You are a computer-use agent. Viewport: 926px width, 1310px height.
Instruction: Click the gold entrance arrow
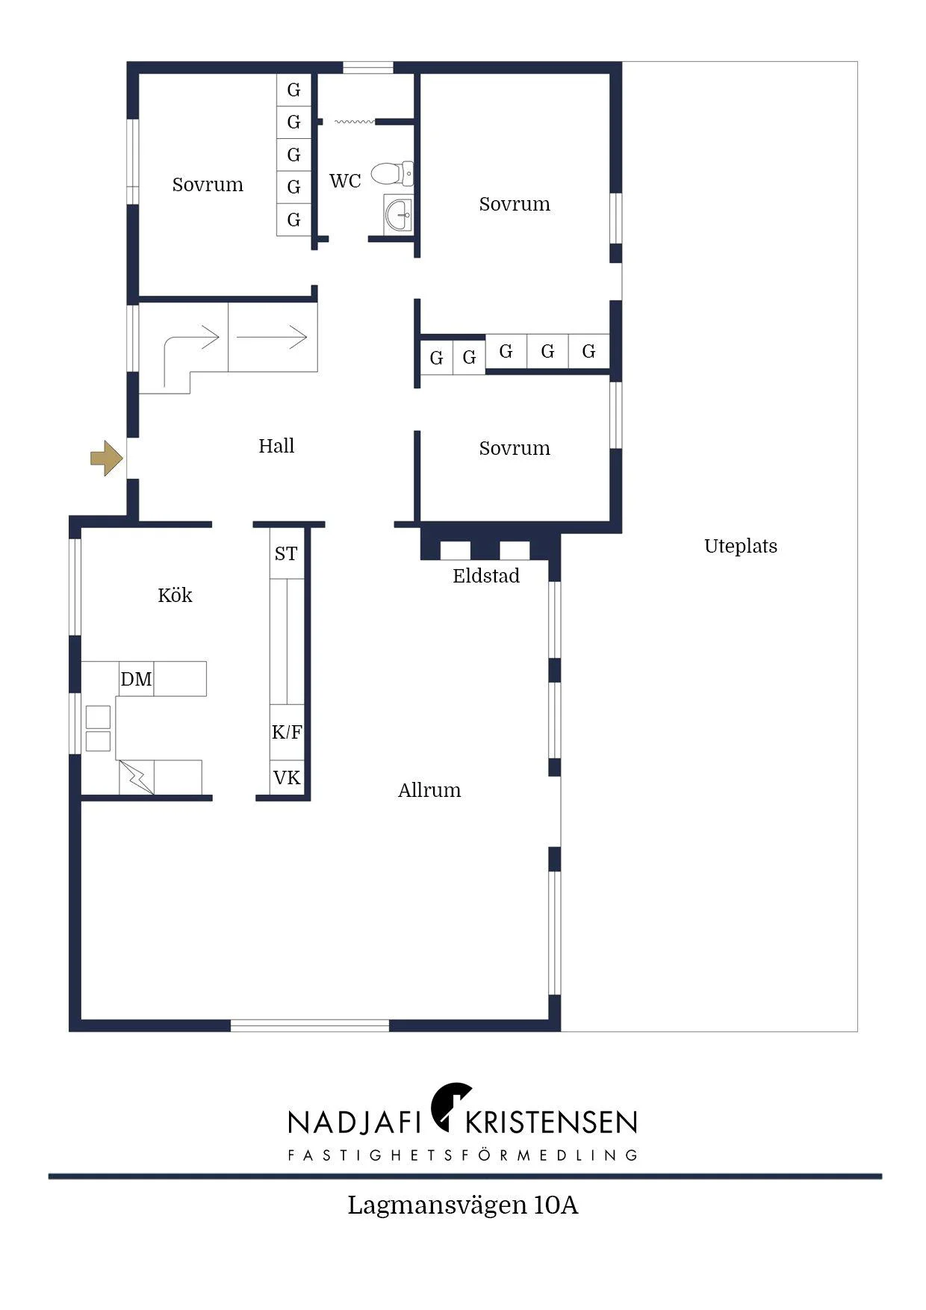pyautogui.click(x=107, y=459)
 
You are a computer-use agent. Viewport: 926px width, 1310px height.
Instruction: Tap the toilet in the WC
pyautogui.click(x=392, y=174)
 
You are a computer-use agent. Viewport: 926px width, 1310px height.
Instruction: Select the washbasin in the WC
pyautogui.click(x=398, y=215)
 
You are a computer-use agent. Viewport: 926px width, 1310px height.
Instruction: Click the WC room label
pyautogui.click(x=345, y=181)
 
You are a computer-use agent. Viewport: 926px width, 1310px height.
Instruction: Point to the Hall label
pyautogui.click(x=276, y=446)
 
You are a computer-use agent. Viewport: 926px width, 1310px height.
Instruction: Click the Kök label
pyautogui.click(x=175, y=595)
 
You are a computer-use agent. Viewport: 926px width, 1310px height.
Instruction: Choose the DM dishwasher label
pyautogui.click(x=136, y=679)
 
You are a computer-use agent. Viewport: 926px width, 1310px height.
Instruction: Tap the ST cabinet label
pyautogui.click(x=286, y=553)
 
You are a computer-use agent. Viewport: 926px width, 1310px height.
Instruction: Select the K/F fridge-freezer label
pyautogui.click(x=287, y=732)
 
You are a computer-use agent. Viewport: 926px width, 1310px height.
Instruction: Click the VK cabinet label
pyautogui.click(x=287, y=778)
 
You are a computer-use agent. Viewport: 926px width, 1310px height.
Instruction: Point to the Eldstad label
pyautogui.click(x=486, y=576)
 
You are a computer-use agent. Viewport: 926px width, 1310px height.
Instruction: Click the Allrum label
pyautogui.click(x=429, y=790)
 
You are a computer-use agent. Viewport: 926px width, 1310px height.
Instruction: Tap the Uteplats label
pyautogui.click(x=741, y=546)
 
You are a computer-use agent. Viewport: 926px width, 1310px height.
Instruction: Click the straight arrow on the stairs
pyautogui.click(x=272, y=337)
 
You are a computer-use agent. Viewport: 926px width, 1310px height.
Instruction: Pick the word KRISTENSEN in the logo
pyautogui.click(x=551, y=1122)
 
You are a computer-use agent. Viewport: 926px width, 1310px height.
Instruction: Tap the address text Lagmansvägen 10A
pyautogui.click(x=463, y=1205)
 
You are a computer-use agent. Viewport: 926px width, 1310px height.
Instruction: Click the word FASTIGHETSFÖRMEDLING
pyautogui.click(x=463, y=1155)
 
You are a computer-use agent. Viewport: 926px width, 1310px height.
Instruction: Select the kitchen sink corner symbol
pyautogui.click(x=136, y=777)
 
